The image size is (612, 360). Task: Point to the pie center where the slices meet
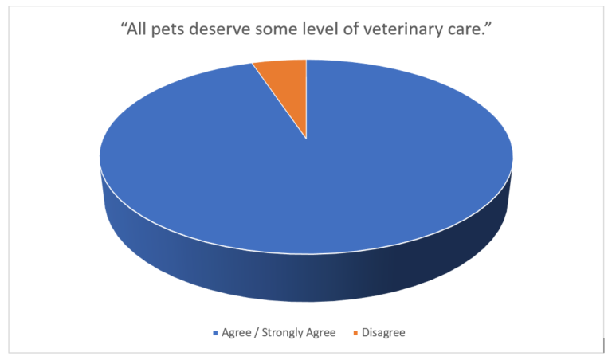306,139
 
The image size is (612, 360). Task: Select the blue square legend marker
214,333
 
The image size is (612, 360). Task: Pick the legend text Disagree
384,333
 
